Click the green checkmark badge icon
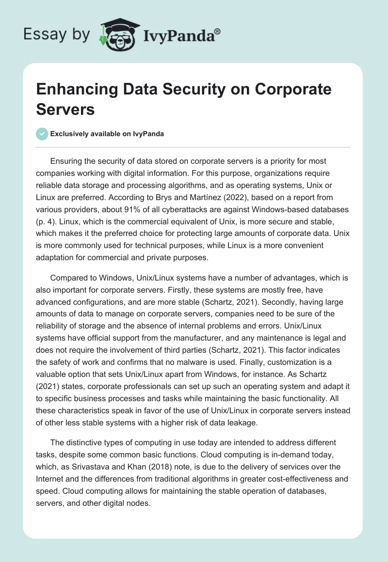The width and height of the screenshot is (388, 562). click(x=42, y=134)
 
